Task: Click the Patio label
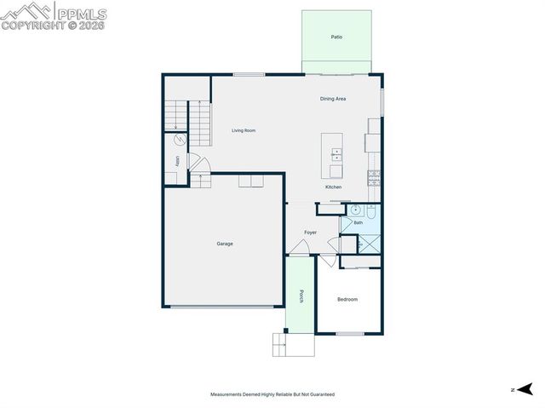336,37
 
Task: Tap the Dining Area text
333,99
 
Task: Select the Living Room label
244,130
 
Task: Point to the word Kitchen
333,187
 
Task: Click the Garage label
225,244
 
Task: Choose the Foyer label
311,233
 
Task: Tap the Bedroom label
347,299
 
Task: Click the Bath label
359,222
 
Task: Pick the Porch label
301,296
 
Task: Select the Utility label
177,160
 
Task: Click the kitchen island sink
336,154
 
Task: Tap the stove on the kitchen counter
373,177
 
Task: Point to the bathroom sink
355,209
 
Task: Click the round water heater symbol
180,140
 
